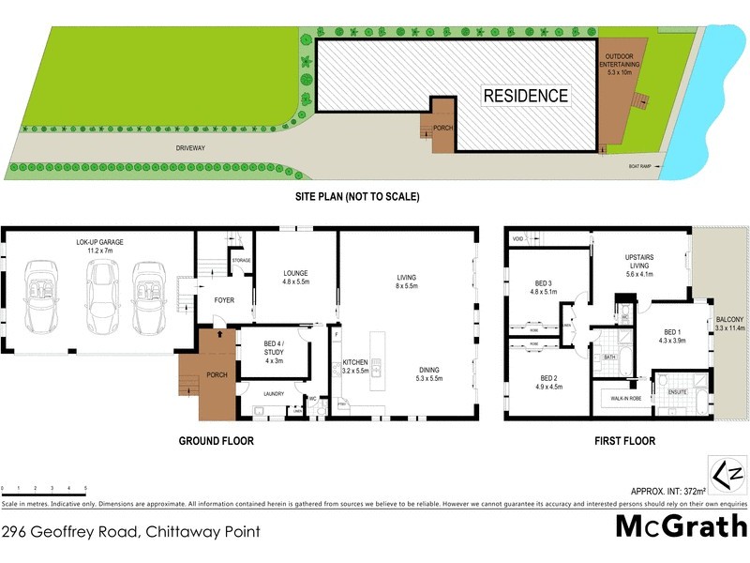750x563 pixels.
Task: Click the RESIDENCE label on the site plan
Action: tap(525, 95)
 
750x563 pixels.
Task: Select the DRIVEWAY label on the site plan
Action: tap(189, 148)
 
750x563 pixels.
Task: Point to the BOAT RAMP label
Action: tap(640, 167)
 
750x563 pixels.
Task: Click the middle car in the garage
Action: tap(101, 297)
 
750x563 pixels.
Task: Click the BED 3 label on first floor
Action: tap(544, 286)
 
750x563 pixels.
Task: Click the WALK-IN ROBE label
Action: tap(625, 399)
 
